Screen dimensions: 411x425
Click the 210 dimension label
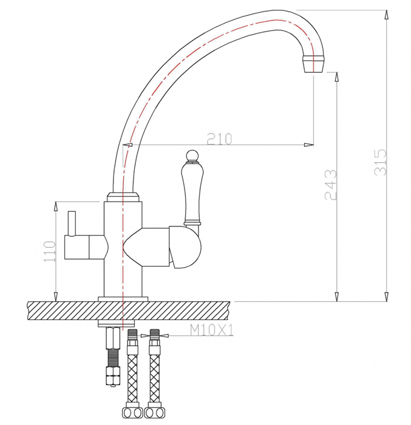(219, 139)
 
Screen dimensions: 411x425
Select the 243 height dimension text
(331, 185)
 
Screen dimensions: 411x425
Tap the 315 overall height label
(380, 162)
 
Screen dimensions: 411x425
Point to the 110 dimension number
(50, 251)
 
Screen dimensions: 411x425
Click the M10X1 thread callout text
(211, 330)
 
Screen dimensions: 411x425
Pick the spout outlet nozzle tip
(313, 63)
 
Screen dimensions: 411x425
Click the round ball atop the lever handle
(192, 155)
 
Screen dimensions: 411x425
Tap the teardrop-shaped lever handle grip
(192, 192)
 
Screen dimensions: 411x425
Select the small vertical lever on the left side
(72, 223)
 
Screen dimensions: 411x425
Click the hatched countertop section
(129, 311)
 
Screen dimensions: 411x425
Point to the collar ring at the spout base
(123, 197)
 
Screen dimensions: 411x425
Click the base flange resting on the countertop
(123, 299)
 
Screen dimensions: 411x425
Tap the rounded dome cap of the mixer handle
(186, 246)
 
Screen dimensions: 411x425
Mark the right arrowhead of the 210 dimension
(309, 144)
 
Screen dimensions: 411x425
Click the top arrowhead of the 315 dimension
(386, 15)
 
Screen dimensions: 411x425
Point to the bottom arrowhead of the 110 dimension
(56, 296)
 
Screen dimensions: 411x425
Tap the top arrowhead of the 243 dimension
(337, 77)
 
